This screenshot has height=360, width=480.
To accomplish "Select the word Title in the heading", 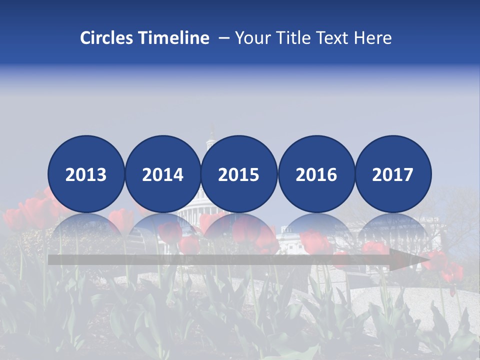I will tap(295, 38).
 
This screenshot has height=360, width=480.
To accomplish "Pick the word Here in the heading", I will tap(373, 38).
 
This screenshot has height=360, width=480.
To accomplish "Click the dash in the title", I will tap(224, 38).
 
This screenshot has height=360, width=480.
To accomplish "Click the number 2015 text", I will tap(239, 174).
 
